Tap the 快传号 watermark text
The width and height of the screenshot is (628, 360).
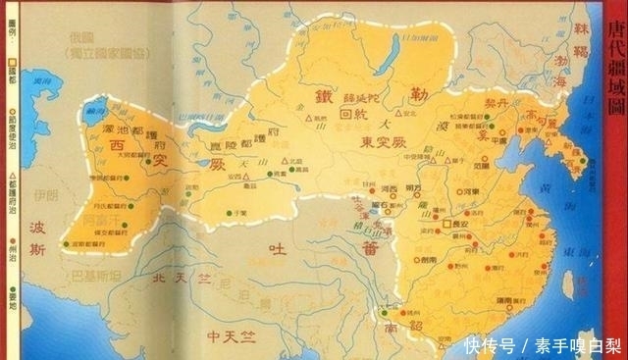tap(490, 345)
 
